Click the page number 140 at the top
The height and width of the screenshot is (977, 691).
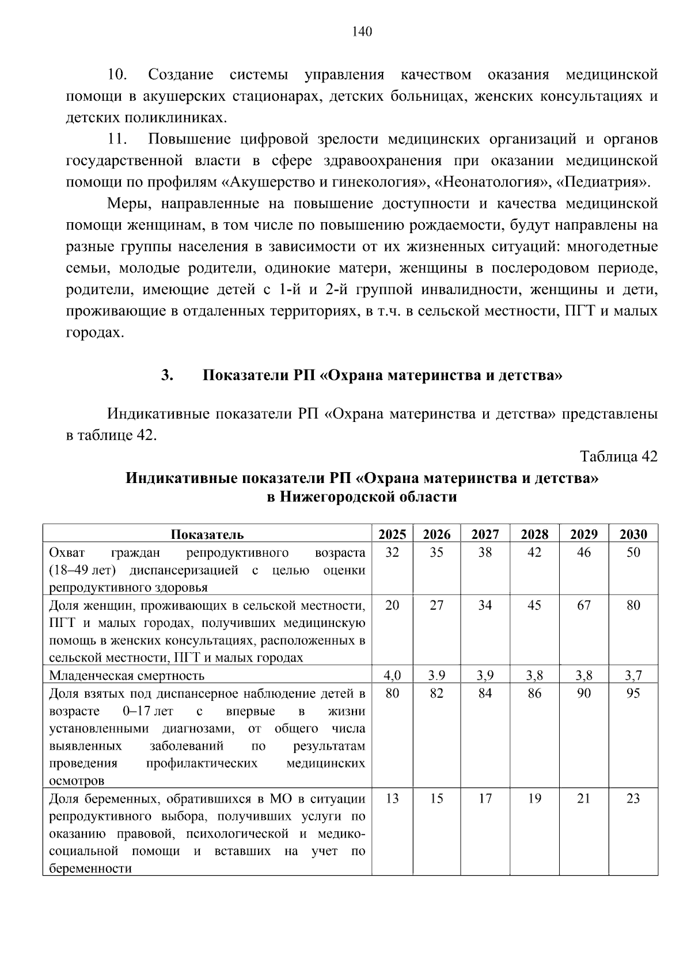(362, 31)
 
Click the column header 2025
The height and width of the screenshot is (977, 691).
(392, 534)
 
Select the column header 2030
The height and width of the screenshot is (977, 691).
(633, 534)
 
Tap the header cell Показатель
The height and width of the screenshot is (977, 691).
(207, 534)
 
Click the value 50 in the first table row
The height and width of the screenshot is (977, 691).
(633, 552)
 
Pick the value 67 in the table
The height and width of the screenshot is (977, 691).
(584, 605)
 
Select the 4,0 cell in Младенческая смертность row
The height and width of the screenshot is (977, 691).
(392, 675)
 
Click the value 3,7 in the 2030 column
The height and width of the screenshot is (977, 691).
(633, 675)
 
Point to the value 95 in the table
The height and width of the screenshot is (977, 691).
(633, 693)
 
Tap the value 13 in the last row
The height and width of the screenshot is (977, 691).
(392, 799)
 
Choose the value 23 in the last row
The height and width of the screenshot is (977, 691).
(633, 799)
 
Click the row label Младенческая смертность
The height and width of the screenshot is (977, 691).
(127, 675)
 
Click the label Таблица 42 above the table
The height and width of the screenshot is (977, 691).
(618, 457)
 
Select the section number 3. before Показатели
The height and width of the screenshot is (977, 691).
(167, 376)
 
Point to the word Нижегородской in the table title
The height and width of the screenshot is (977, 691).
(336, 496)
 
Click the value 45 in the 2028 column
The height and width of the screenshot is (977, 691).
(534, 605)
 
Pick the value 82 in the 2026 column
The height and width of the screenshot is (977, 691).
(436, 693)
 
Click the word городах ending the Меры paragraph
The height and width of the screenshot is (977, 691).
(94, 333)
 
